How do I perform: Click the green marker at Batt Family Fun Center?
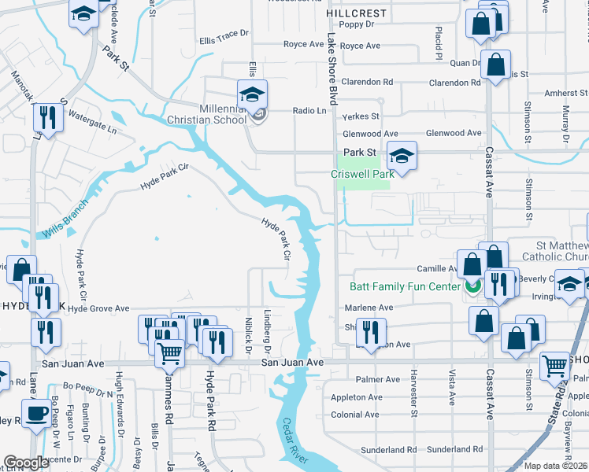[x=472, y=286]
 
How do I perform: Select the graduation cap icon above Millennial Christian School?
[x=252, y=95]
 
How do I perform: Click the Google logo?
[x=26, y=462]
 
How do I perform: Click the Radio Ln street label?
[x=309, y=111]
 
